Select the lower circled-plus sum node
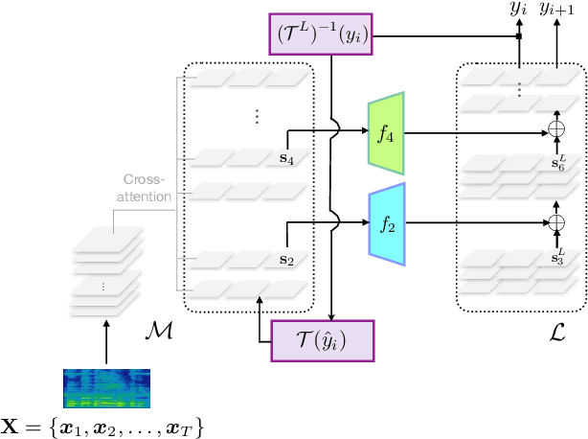tap(556, 222)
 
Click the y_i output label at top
tap(518, 11)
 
